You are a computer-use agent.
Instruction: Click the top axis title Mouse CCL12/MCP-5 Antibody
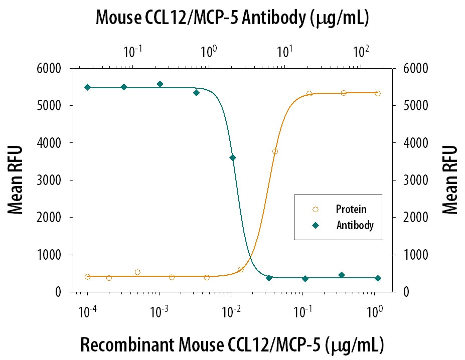coord(232,18)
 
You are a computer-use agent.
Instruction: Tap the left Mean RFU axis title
coord(16,180)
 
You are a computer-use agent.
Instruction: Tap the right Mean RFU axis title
coord(450,180)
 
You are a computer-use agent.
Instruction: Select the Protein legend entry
coord(351,209)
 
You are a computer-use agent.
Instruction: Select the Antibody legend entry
coord(354,226)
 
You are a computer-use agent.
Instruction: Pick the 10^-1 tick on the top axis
coord(132,51)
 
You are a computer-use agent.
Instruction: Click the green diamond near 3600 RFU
coord(232,158)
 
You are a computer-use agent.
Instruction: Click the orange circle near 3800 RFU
coord(275,151)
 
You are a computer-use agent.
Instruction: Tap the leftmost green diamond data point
coord(87,87)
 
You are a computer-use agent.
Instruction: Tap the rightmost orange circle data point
coord(378,93)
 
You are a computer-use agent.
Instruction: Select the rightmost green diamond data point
coord(378,278)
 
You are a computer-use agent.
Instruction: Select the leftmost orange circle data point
coord(87,276)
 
